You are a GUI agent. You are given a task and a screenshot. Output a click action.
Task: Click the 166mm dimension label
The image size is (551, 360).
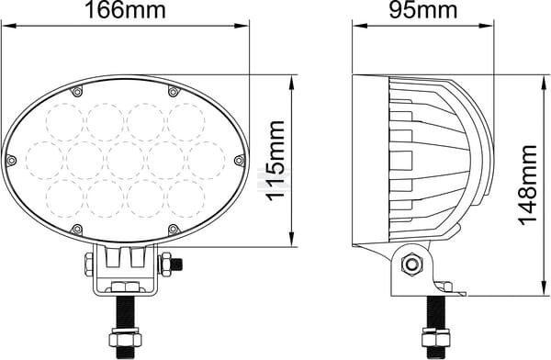[125, 10]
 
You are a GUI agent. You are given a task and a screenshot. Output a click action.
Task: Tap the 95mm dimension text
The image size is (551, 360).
[423, 10]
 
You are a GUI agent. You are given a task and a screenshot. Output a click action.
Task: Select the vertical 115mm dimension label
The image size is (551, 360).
[275, 161]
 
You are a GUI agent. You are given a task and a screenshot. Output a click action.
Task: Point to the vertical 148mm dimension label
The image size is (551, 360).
[528, 185]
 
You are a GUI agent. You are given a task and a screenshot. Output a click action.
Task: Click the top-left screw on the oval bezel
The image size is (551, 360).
[76, 92]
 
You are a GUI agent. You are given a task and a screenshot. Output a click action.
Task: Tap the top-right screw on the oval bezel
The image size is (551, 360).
[173, 92]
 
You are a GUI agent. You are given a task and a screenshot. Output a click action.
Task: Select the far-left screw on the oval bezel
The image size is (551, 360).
[11, 161]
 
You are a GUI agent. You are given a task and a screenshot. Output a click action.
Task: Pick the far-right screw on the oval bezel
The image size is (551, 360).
[239, 161]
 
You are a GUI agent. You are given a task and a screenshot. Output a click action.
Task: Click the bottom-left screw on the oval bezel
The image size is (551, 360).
[76, 230]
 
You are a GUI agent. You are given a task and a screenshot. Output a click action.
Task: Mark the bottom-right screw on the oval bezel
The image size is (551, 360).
[173, 230]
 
